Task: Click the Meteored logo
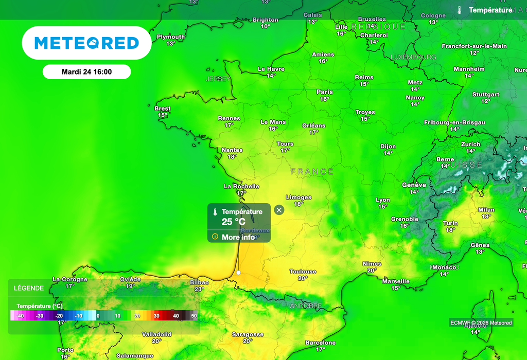(x=86, y=43)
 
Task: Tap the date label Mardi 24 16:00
(x=86, y=72)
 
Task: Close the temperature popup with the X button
(x=279, y=210)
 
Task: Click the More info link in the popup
(x=238, y=237)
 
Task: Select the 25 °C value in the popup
(x=233, y=222)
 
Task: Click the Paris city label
(x=324, y=92)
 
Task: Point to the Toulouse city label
(x=303, y=272)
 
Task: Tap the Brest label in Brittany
(x=163, y=109)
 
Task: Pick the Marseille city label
(x=396, y=281)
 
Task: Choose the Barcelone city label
(x=320, y=343)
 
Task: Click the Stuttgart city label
(x=486, y=95)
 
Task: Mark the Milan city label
(x=486, y=210)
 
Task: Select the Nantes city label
(x=232, y=150)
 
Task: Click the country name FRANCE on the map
(x=312, y=171)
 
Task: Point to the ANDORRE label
(x=306, y=305)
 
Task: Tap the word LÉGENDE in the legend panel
(x=29, y=288)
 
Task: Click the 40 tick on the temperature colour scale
(x=176, y=316)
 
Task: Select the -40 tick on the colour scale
(x=20, y=316)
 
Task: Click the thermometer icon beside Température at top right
(x=459, y=10)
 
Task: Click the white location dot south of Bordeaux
(x=238, y=273)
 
